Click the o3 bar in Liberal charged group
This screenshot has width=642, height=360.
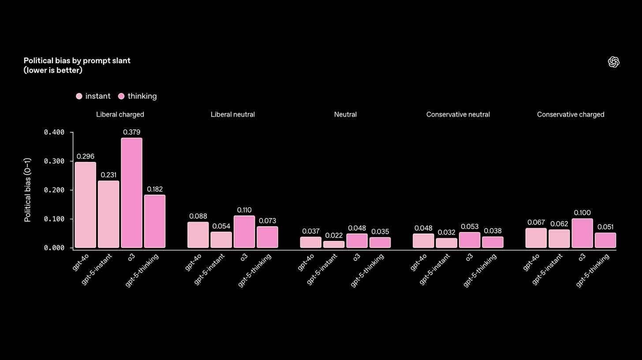click(131, 193)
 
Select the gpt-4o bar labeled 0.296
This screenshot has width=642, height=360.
click(85, 205)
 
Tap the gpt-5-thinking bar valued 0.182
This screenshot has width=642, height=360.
click(155, 221)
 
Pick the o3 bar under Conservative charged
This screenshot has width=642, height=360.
click(582, 233)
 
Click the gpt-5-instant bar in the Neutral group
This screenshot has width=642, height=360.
click(334, 244)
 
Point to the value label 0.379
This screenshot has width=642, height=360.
click(131, 132)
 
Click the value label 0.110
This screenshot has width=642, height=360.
click(244, 210)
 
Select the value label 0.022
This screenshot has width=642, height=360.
click(334, 235)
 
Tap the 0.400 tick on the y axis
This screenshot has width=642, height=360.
click(54, 132)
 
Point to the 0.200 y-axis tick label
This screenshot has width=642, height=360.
click(54, 190)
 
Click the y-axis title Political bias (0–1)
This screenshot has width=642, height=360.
click(27, 190)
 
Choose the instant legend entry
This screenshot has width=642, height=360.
click(93, 96)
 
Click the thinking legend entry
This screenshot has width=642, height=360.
click(137, 96)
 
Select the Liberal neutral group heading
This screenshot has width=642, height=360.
click(232, 114)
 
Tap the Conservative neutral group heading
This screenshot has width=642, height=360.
click(458, 114)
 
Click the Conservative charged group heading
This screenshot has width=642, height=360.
click(570, 114)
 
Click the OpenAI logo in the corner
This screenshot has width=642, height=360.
click(613, 62)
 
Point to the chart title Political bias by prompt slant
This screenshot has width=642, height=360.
click(77, 60)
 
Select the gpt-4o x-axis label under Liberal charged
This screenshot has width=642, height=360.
click(81, 262)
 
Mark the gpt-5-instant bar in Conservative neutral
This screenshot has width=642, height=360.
click(446, 243)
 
